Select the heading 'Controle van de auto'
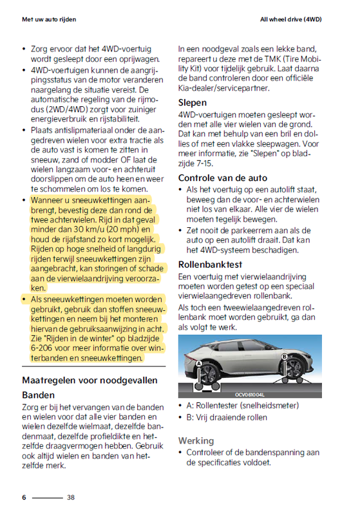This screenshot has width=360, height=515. coord(222,178)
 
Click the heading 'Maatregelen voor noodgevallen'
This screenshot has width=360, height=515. coord(90,380)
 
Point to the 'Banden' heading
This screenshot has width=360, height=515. coord(38,395)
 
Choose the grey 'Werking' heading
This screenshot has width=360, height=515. coord(196,440)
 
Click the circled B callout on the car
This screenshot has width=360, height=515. coord(284,356)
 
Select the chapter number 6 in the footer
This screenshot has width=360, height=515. coord(24,497)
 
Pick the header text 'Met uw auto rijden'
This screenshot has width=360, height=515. coord(49,20)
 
